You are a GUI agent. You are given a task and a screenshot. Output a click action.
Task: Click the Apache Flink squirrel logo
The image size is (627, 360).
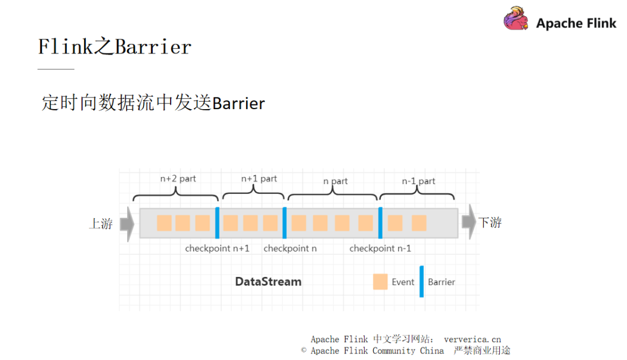[x=516, y=19]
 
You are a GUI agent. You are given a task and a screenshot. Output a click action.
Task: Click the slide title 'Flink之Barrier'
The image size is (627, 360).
[x=114, y=46]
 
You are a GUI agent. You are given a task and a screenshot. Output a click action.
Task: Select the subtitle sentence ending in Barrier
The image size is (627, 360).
[x=153, y=103]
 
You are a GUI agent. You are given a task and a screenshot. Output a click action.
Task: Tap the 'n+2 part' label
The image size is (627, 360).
[x=178, y=179]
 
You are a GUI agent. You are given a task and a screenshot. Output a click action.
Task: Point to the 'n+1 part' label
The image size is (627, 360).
[x=259, y=179]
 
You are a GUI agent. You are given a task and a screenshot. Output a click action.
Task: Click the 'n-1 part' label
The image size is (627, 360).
[x=419, y=181]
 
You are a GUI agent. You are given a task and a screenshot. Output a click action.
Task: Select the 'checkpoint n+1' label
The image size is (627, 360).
[x=217, y=249]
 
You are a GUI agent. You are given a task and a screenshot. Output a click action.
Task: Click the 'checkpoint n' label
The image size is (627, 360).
[x=290, y=249]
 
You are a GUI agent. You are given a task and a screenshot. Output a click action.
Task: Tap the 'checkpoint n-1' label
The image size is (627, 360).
[x=380, y=249]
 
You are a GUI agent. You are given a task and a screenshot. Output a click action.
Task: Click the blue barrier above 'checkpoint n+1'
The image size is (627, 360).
[x=217, y=223]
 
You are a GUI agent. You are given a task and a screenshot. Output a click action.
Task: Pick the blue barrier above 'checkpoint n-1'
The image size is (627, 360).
[x=380, y=223]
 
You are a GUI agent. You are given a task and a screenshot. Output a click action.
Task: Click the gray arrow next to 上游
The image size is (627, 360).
[x=127, y=224]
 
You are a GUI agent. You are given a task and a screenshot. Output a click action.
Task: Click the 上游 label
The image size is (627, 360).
[x=100, y=224]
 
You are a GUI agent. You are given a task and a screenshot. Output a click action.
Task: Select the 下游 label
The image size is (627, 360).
[x=489, y=222]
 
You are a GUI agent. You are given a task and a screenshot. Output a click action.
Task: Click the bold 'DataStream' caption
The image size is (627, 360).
[x=268, y=282]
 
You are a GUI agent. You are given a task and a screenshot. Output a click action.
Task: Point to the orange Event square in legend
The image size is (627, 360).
[x=380, y=282]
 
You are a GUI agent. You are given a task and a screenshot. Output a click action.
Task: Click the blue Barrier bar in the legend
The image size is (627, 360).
[x=421, y=282]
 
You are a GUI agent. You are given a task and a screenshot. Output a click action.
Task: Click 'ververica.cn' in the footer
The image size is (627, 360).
[x=472, y=339]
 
